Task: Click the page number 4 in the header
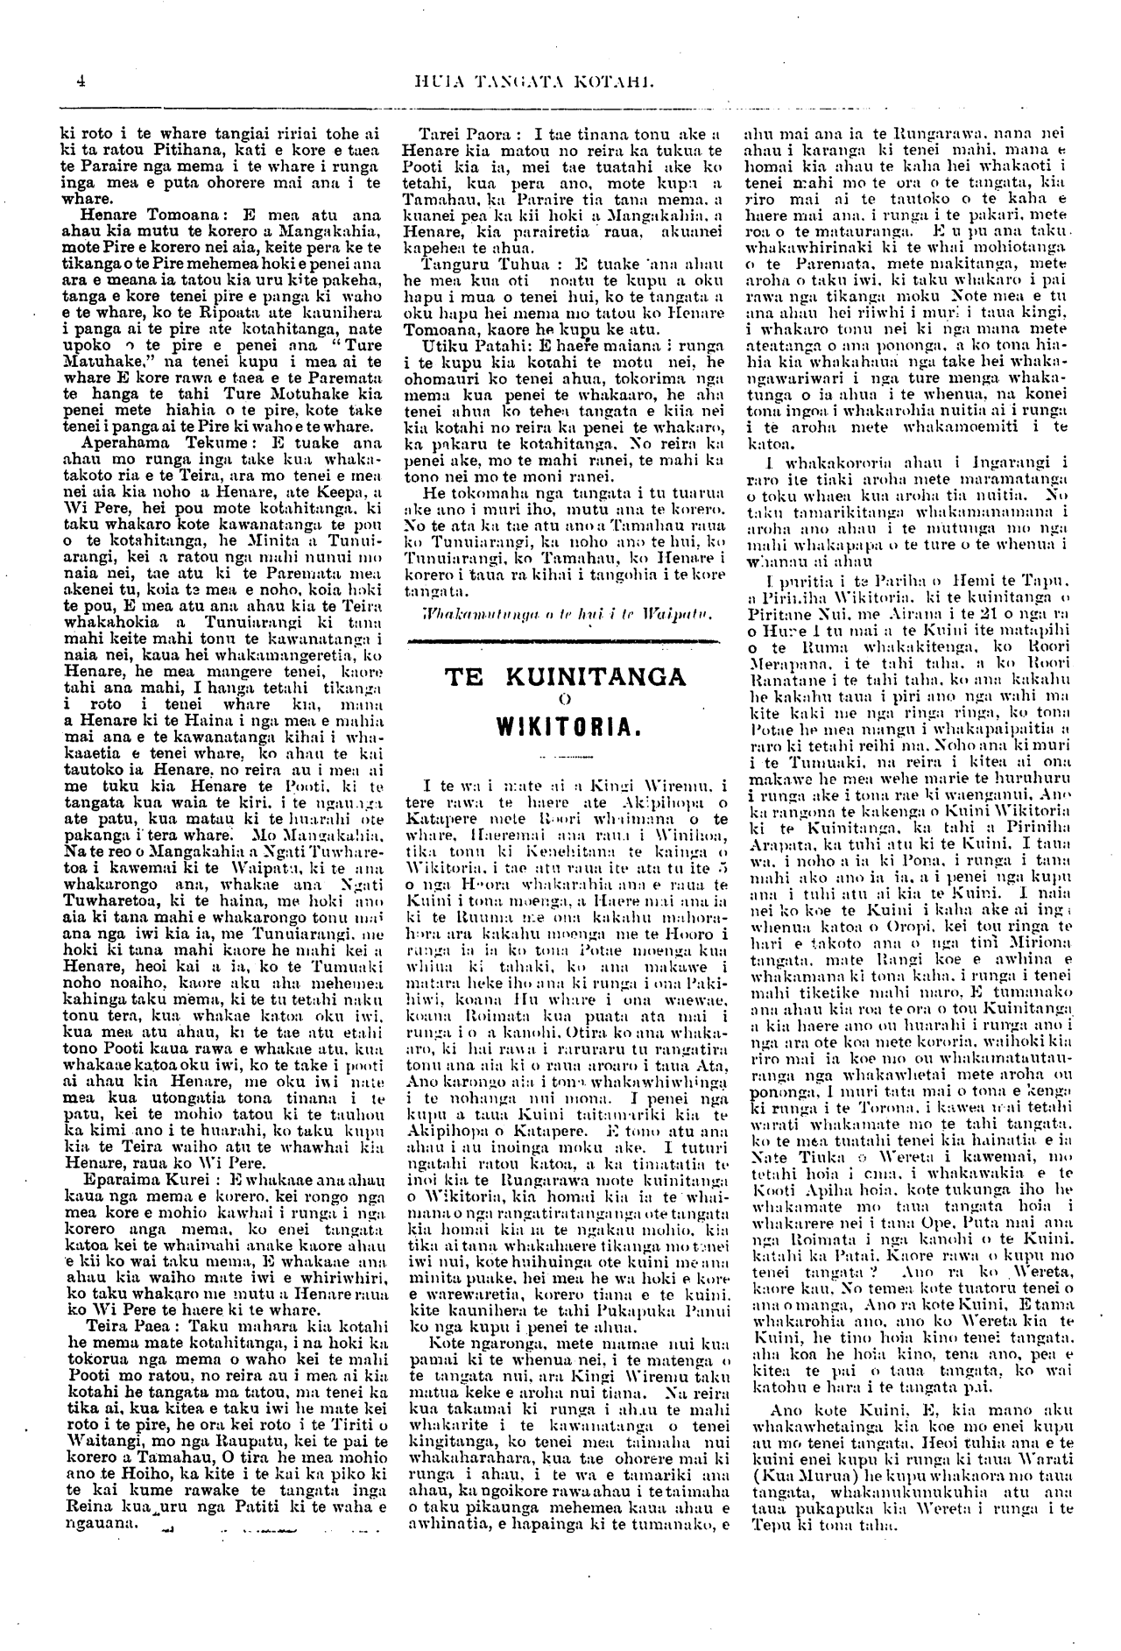pyautogui.click(x=80, y=82)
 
